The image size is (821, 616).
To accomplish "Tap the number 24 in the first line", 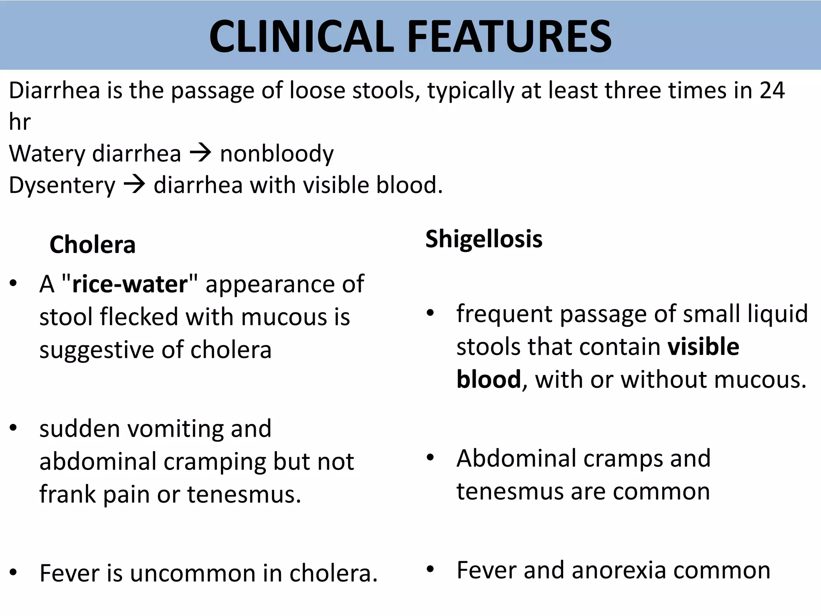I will (x=772, y=91).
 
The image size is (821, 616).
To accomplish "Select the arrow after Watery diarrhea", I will (x=200, y=153).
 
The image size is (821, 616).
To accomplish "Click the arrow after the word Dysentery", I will (x=134, y=185).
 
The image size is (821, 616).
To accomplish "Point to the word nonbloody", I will (x=277, y=154).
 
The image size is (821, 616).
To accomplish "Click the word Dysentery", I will (x=62, y=186).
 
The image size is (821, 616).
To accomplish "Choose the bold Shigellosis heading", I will (x=484, y=239).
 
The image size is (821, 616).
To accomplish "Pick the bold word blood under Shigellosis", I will (x=489, y=379).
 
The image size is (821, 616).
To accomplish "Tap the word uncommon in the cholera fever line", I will (x=193, y=573).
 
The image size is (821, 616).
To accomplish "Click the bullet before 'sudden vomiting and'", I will (x=14, y=428).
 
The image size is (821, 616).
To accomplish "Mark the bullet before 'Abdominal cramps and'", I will (x=431, y=458).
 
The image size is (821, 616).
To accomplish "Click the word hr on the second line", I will (x=20, y=122).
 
